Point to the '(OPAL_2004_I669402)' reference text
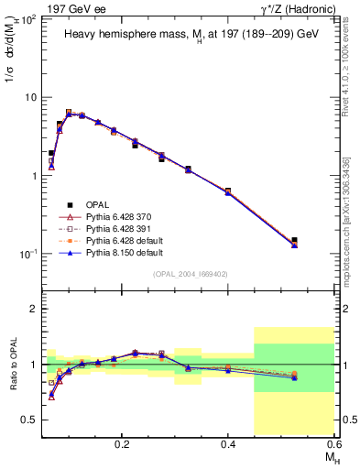(x=191, y=274)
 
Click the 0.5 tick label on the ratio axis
(x=31, y=420)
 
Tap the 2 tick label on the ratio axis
(x=37, y=309)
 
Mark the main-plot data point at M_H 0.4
(x=228, y=191)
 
